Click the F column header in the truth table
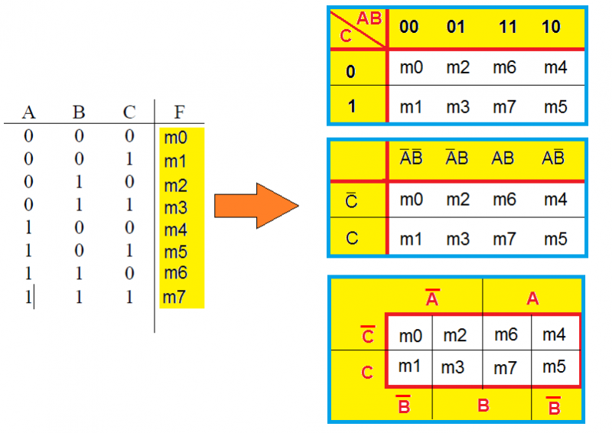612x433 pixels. (x=178, y=112)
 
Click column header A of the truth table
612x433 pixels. (x=29, y=112)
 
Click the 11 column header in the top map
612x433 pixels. (x=507, y=28)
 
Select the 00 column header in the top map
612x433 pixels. (x=409, y=28)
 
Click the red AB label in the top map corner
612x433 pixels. (x=369, y=19)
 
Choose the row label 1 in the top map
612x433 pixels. (x=351, y=106)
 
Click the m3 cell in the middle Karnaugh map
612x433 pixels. (x=457, y=239)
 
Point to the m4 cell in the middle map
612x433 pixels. (x=555, y=201)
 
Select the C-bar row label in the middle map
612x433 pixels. (x=351, y=201)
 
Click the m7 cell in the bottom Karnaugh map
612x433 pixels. (x=506, y=369)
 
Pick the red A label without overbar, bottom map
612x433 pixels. (x=533, y=299)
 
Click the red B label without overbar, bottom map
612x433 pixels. (x=483, y=404)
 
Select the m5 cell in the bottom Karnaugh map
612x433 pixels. (x=554, y=367)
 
